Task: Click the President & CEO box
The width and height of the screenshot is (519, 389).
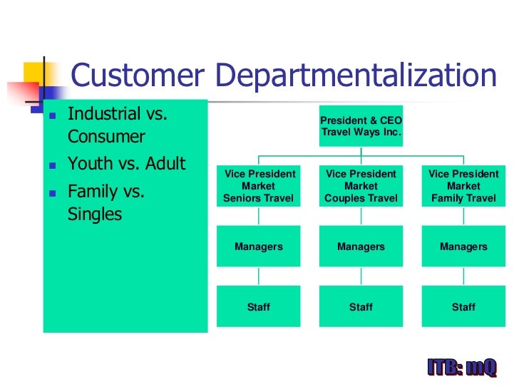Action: [x=361, y=126]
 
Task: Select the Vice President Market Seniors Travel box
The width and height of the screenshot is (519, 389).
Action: [x=259, y=186]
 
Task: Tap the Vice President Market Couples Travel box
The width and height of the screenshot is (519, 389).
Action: [x=361, y=186]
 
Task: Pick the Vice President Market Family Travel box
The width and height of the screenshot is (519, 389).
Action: [x=463, y=186]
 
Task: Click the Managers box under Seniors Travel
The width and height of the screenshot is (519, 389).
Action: [x=259, y=247]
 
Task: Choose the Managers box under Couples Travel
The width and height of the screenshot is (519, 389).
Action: [x=361, y=247]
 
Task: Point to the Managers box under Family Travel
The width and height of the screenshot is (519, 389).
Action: [x=463, y=247]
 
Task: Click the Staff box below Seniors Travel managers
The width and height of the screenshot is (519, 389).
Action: [x=259, y=307]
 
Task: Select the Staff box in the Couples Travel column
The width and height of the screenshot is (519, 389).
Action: [x=361, y=307]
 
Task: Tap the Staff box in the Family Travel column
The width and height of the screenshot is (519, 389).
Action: [x=463, y=307]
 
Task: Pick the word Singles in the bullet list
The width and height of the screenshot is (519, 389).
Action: [x=95, y=214]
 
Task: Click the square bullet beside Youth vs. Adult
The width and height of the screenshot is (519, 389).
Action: [x=52, y=165]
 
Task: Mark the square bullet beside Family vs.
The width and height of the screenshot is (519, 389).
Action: [x=52, y=193]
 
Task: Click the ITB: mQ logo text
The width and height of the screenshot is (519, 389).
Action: [x=461, y=368]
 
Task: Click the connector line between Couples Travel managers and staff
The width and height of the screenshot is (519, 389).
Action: [x=361, y=276]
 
